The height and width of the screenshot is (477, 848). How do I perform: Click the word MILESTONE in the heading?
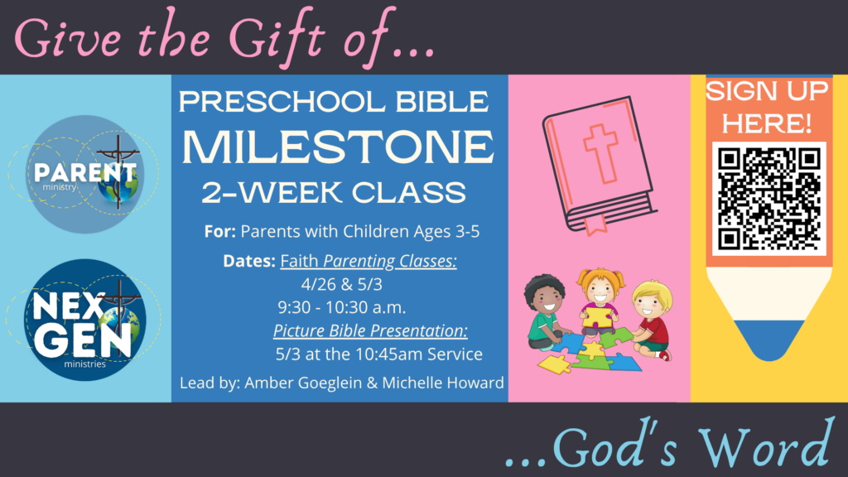coord(338,146)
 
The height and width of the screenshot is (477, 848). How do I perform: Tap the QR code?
coord(768,199)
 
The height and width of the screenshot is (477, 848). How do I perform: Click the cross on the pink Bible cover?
coord(601,153)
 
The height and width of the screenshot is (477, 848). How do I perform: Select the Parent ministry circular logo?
coord(84,174)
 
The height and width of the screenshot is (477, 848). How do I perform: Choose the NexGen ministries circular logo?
coord(85,320)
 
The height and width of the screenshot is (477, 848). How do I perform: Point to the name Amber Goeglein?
coord(303,383)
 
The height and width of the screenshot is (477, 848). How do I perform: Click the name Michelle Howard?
coord(443,383)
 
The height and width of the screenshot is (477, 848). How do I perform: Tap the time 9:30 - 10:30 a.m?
coord(342,308)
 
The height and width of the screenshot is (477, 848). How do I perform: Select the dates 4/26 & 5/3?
coord(342,285)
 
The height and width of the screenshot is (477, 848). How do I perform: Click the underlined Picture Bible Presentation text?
coord(370,330)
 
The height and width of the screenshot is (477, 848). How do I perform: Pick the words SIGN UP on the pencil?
coord(767,91)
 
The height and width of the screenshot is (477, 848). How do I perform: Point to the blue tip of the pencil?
coord(768,339)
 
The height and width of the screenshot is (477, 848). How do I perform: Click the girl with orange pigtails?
coord(599,300)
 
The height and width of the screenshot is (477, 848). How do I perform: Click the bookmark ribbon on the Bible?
coord(595,224)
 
